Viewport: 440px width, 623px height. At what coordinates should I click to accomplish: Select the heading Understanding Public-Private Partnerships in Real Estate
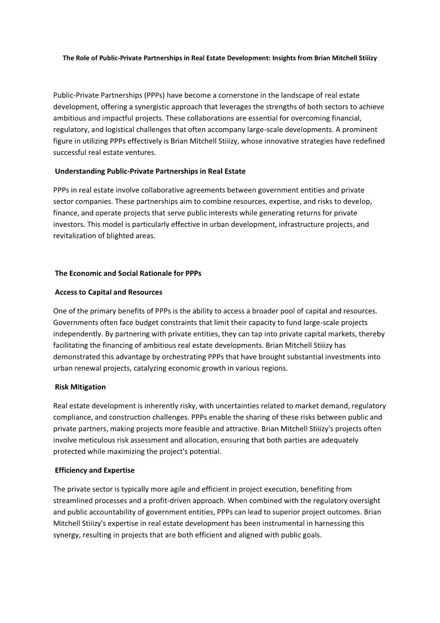click(150, 171)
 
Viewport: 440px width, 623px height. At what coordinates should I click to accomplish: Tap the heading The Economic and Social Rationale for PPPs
click(128, 273)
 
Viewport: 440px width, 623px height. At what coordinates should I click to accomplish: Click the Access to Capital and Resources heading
click(109, 292)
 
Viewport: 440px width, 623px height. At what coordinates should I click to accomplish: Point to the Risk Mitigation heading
click(80, 387)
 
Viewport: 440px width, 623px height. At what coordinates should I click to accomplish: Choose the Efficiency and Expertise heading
click(95, 470)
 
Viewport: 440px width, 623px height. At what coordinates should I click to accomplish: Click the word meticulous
click(98, 440)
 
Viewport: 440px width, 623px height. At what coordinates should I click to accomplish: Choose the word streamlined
click(76, 500)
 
